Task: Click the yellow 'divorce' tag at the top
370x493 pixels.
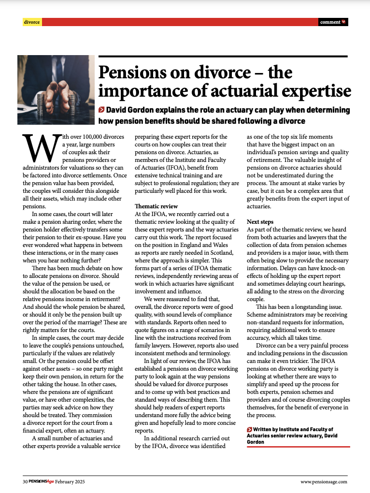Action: [x=32, y=22]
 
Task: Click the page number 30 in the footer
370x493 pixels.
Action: [x=25, y=481]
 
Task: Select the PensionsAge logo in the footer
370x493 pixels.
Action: [x=41, y=481]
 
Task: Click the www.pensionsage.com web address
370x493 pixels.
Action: [x=324, y=481]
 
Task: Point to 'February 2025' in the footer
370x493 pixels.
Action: [x=70, y=481]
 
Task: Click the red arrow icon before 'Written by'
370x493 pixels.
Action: [x=249, y=429]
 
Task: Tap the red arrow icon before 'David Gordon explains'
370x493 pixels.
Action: [x=101, y=110]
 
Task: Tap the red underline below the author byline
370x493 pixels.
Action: [x=298, y=447]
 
